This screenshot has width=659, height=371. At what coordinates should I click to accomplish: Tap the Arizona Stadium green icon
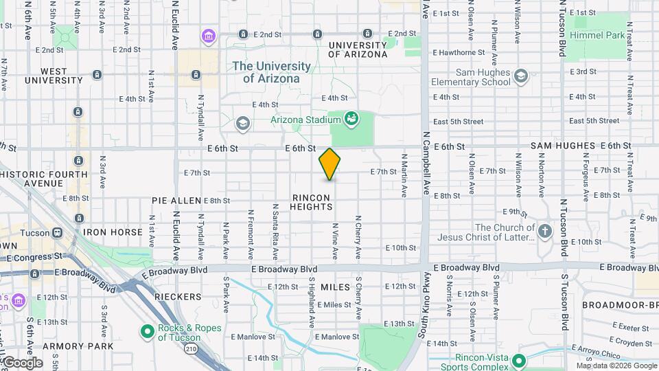pyautogui.click(x=351, y=119)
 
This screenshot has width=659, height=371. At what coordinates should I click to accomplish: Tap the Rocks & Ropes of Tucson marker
pyautogui.click(x=146, y=332)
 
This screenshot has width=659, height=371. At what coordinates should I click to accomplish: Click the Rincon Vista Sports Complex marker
pyautogui.click(x=519, y=360)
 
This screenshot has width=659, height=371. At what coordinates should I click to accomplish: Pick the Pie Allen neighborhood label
pyautogui.click(x=176, y=201)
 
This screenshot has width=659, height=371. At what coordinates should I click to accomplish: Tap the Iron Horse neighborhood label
pyautogui.click(x=113, y=232)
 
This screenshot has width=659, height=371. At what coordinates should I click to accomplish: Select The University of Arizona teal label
pyautogui.click(x=271, y=72)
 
